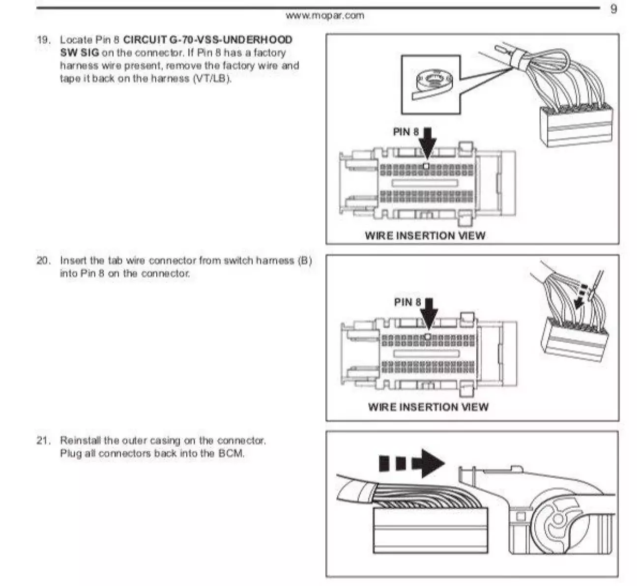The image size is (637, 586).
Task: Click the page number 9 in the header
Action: (x=613, y=9)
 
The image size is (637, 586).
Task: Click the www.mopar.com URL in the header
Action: (x=325, y=15)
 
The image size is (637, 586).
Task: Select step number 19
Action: (x=43, y=40)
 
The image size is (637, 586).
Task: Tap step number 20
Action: (x=43, y=261)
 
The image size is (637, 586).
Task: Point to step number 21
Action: (x=43, y=440)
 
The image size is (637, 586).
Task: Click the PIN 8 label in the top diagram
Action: (x=406, y=132)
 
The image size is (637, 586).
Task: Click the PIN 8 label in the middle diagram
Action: (x=407, y=302)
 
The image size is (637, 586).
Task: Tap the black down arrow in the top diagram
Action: (x=428, y=143)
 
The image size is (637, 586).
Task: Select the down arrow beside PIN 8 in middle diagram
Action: (x=430, y=314)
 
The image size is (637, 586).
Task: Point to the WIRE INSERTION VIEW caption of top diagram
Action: (x=425, y=236)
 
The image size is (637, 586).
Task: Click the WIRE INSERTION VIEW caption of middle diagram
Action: (x=428, y=407)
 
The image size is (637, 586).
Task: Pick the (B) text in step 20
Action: (x=305, y=261)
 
